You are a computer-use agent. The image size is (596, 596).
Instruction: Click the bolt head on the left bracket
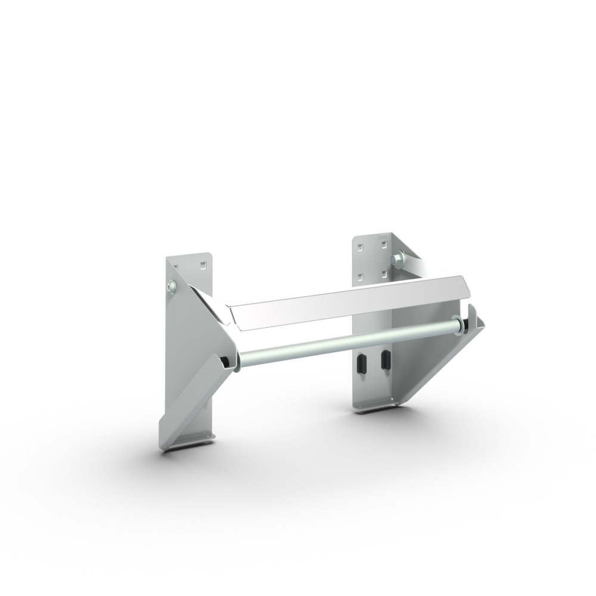(172, 287)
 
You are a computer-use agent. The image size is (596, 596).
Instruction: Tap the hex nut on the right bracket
(397, 259)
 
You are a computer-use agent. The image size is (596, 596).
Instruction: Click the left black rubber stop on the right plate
(361, 363)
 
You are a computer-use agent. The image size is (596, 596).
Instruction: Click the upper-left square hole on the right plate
(360, 245)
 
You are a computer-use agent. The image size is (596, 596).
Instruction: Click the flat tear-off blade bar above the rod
(352, 301)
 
